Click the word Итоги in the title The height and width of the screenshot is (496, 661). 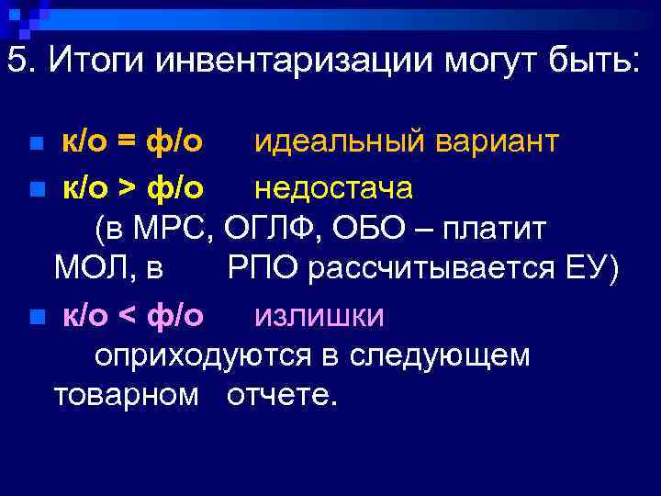[x=95, y=62]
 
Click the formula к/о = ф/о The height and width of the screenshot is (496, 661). [x=132, y=142]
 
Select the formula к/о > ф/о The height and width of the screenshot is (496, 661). [x=132, y=187]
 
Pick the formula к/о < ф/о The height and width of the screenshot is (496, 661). [x=132, y=315]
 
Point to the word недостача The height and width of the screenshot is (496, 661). [x=333, y=187]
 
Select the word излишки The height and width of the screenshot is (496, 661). [x=319, y=315]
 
